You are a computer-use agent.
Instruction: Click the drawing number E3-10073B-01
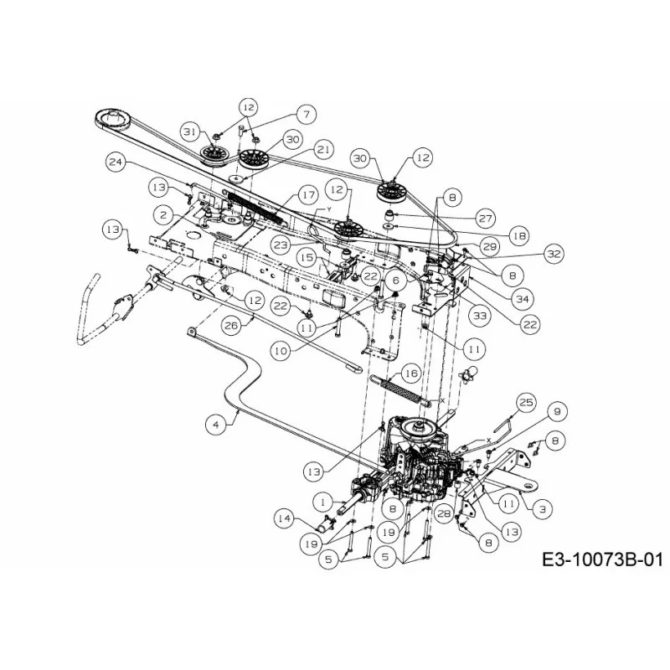point(602,559)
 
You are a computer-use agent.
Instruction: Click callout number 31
point(191,131)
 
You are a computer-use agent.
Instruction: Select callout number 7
point(306,114)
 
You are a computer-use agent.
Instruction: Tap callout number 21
point(323,150)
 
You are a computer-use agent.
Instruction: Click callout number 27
point(486,219)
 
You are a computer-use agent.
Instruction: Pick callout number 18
point(519,235)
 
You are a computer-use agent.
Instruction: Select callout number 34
point(523,299)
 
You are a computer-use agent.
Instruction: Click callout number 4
point(216,425)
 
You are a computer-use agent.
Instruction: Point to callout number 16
point(411,374)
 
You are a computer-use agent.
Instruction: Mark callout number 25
point(527,402)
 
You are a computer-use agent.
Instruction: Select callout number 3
point(542,509)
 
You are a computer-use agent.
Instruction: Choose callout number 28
point(445,513)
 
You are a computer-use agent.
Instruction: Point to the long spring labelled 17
point(255,207)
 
